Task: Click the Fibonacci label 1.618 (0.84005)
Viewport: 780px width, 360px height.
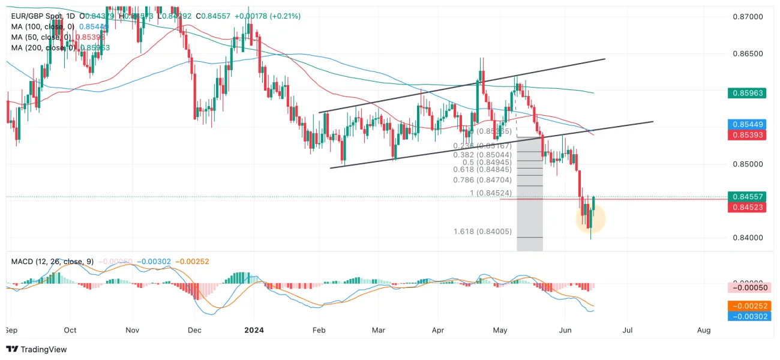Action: [482, 232]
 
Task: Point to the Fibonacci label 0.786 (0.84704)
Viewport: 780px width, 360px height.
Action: [482, 180]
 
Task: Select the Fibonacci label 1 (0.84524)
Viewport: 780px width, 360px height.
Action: [490, 193]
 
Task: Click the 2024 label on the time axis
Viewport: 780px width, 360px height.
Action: [254, 330]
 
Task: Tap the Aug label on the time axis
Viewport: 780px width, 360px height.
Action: [704, 330]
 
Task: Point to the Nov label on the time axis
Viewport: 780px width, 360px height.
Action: [133, 330]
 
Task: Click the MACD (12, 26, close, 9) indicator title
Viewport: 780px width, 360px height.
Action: [52, 262]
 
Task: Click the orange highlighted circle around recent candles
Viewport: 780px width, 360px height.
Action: [591, 219]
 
